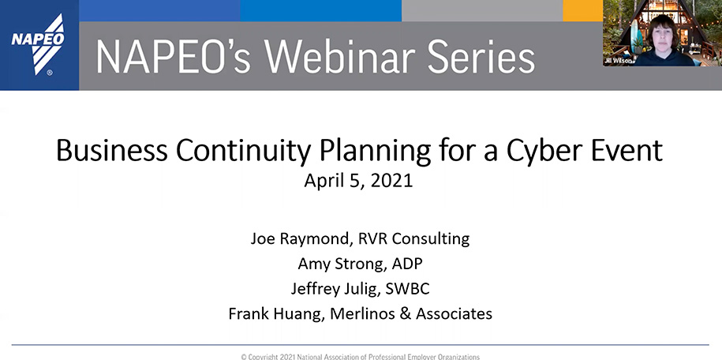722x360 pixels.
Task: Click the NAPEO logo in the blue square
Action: click(x=39, y=44)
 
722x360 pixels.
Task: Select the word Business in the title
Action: click(x=112, y=150)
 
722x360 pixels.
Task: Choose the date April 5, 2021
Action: click(x=358, y=181)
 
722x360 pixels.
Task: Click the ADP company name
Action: click(x=407, y=264)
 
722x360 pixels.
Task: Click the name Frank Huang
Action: click(x=275, y=314)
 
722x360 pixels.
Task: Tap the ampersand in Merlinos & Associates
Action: click(x=406, y=314)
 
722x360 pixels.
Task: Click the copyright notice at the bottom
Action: click(x=360, y=357)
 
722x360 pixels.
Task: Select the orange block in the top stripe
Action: click(x=582, y=10)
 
